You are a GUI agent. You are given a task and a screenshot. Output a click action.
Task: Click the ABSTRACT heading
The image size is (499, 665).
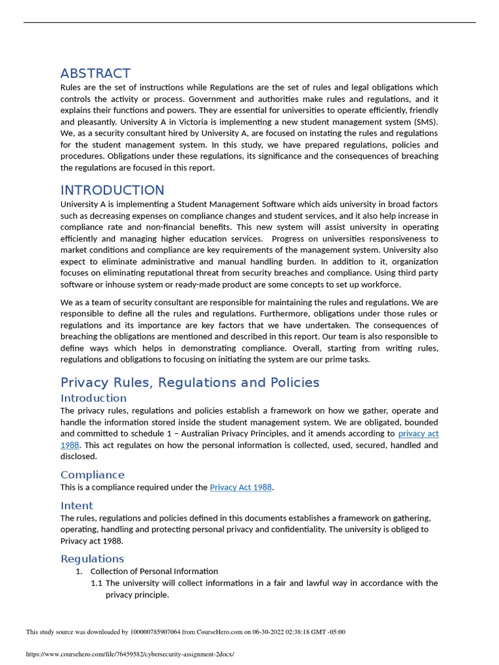coord(96,73)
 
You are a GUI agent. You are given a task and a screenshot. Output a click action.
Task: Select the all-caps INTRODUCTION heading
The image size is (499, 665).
coord(112,190)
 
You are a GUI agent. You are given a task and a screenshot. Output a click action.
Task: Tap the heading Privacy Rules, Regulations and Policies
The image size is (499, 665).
coord(190,383)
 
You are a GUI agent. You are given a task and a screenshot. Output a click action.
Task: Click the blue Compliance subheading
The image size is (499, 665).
coord(92,475)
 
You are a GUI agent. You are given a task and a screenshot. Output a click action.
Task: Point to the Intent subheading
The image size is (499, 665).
coord(77,505)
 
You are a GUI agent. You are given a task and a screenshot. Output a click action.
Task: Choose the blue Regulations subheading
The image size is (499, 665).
coord(92,558)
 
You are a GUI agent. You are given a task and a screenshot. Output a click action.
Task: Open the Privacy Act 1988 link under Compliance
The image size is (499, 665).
coord(240,487)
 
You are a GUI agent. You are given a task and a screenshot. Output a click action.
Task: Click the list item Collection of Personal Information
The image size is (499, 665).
coord(154,571)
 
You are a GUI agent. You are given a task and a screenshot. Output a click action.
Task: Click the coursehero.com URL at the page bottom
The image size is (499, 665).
coord(129,654)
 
